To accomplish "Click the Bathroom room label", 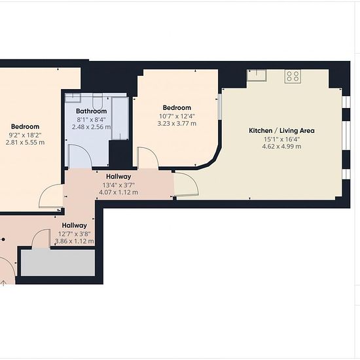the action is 92,111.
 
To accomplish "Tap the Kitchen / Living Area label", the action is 281,131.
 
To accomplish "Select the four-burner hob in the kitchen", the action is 293,76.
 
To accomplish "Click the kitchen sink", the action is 257,75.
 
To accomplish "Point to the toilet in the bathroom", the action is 98,101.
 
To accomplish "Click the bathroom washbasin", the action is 73,98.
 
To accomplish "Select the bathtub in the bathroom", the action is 120,118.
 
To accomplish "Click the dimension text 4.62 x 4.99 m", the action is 281,147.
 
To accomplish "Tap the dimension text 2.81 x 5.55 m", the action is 26,142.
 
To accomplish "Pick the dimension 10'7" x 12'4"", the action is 177,116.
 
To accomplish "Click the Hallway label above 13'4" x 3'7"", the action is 118,177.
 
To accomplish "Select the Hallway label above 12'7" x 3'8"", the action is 75,225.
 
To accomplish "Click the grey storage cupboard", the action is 58,262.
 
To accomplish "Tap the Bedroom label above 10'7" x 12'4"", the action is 177,108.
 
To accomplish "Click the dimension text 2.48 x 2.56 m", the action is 92,127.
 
